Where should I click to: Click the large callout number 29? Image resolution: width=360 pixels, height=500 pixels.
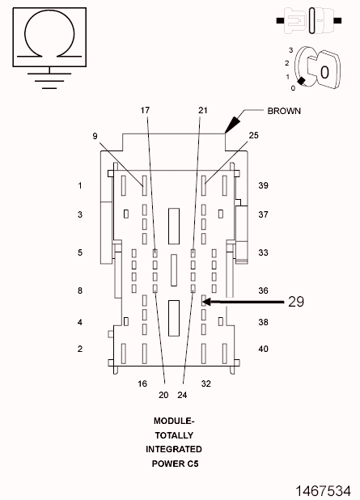tap(296, 301)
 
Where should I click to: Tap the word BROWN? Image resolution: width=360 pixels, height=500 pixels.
tap(284, 111)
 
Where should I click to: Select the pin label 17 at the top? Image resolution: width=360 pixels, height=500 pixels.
tap(145, 110)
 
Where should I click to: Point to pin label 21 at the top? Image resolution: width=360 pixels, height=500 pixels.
tap(203, 110)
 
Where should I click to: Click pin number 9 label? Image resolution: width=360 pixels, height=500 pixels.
tap(95, 136)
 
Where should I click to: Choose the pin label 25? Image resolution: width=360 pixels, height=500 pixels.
tap(253, 136)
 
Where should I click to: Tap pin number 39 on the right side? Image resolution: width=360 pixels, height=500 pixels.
tap(264, 185)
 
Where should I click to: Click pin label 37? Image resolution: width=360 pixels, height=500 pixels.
tap(264, 214)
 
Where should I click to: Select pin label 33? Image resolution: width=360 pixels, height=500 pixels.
tap(264, 252)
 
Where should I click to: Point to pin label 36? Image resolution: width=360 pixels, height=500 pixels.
tap(264, 290)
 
